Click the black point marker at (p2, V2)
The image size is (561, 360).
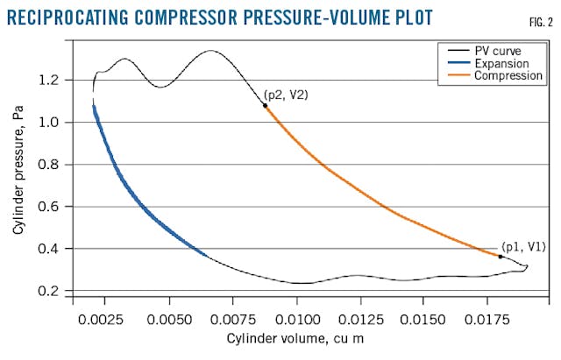coord(265,105)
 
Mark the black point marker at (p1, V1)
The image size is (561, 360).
coord(501,257)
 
